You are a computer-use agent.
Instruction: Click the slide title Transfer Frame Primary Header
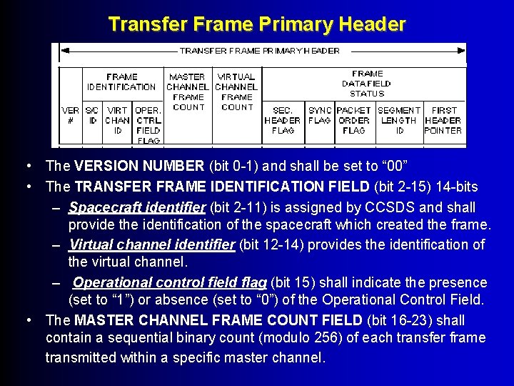point(257,24)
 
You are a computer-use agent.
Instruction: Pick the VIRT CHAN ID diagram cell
point(118,121)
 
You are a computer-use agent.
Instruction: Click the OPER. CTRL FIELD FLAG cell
point(148,125)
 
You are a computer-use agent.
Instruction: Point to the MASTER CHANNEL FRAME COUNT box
point(188,91)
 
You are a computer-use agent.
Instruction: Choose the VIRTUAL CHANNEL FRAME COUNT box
point(236,91)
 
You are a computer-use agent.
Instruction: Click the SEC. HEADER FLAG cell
point(283,121)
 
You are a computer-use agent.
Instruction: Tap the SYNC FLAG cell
point(320,116)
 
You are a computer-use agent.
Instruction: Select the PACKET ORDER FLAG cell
point(353,121)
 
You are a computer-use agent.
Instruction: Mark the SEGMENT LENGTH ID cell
point(399,121)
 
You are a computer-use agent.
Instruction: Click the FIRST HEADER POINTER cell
point(443,121)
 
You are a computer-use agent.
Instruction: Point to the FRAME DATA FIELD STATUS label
point(367,84)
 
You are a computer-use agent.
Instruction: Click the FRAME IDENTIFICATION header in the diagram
point(121,81)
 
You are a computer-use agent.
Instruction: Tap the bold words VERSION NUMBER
point(139,167)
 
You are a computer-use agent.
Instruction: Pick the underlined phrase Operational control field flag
point(170,282)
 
